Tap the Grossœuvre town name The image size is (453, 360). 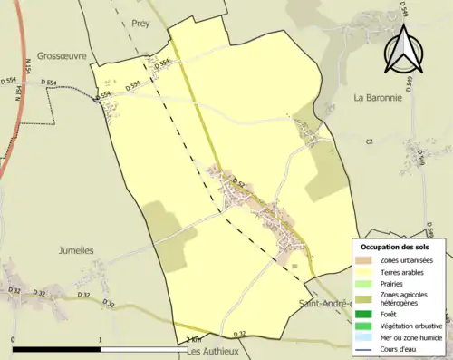point(62,55)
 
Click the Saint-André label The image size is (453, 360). point(323,303)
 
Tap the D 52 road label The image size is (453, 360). point(239,183)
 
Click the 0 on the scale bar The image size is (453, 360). point(13,340)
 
